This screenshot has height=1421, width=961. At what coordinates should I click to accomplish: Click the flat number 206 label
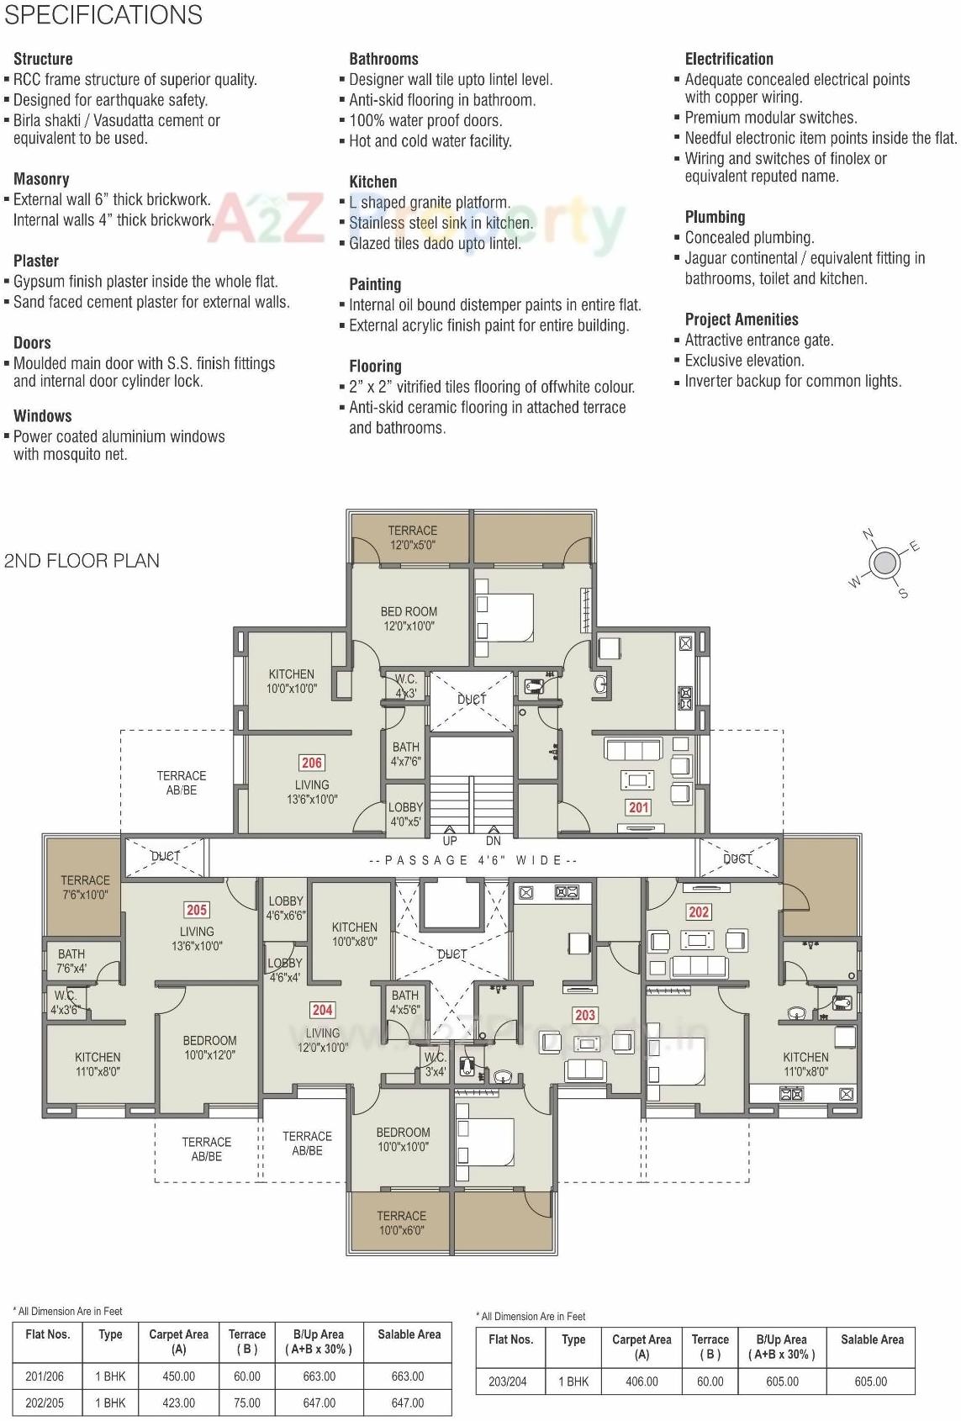pos(311,763)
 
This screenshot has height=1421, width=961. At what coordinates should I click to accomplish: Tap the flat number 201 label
pos(638,807)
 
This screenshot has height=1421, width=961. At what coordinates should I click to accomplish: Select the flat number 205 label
pos(196,910)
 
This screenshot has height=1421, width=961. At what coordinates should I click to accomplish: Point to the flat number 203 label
pos(584,1015)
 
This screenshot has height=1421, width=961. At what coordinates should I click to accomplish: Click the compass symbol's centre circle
pos(884,563)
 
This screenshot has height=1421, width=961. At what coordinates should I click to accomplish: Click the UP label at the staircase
pos(450,841)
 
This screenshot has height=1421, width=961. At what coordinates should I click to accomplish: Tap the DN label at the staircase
pos(493,841)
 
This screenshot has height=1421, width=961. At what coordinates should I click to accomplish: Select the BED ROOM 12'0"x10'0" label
pos(409,619)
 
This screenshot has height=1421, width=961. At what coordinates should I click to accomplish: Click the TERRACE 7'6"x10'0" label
pos(85,887)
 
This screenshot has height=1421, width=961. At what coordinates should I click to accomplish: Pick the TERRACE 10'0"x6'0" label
pos(401,1223)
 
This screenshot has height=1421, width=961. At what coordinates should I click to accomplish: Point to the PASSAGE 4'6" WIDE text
pos(473,860)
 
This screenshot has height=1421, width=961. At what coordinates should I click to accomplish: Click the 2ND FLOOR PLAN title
pos(82,561)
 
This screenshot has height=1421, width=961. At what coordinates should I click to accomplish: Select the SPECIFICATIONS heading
pos(103,15)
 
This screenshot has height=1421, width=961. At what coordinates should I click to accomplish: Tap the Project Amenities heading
pos(741,320)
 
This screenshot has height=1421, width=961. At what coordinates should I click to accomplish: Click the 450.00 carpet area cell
pos(178,1376)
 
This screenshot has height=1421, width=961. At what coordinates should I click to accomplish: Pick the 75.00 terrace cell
pos(246,1403)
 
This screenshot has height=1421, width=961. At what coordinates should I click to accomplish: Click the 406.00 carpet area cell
pos(641,1381)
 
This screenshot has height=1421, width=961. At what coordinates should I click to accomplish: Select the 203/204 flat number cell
pos(508,1381)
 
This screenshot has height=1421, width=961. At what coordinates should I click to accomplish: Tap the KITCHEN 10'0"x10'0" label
pos(291,681)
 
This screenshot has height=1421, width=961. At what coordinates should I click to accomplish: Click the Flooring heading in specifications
pos(375,367)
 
